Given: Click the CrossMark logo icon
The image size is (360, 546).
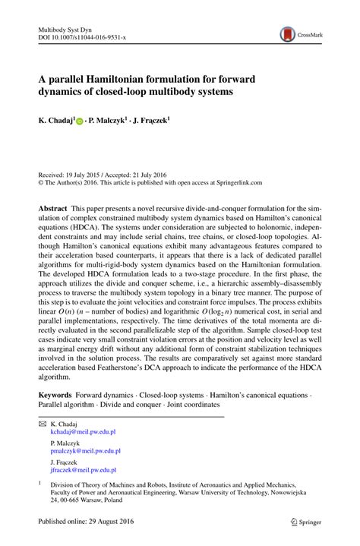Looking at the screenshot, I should (x=288, y=33).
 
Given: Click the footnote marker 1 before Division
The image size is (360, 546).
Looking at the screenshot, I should (x=39, y=481).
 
